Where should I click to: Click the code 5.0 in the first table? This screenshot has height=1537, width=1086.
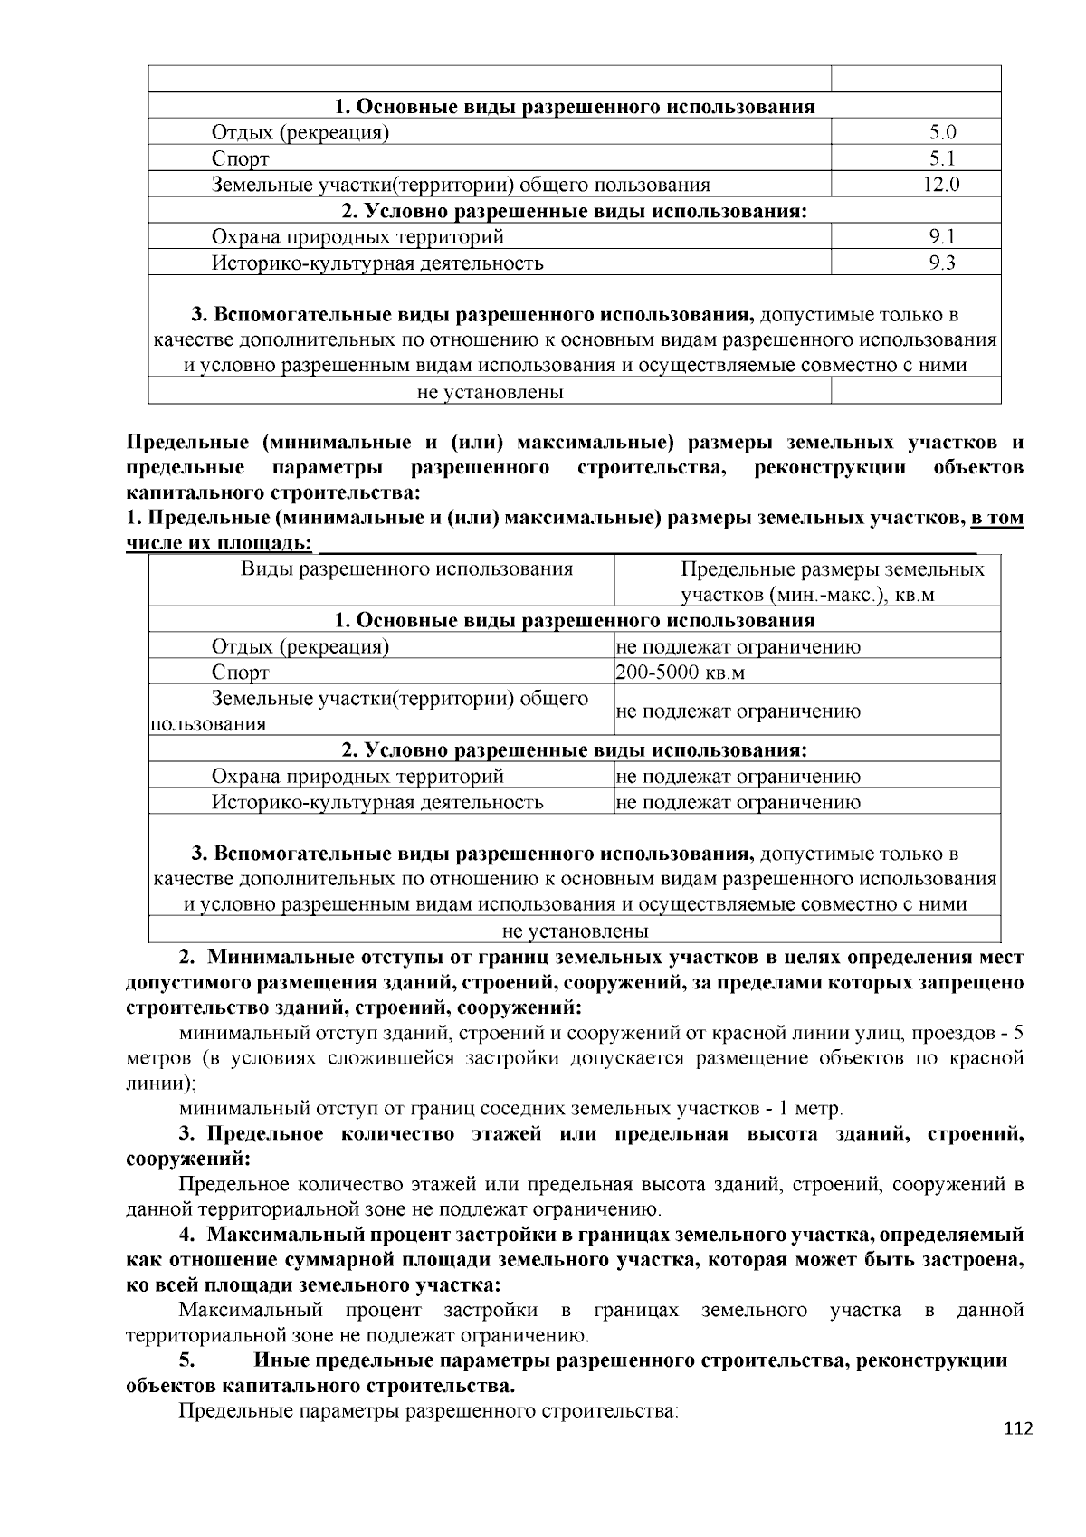click(942, 133)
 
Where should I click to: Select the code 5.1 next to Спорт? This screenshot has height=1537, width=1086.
click(942, 159)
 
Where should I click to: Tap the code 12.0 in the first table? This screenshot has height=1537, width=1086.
click(941, 186)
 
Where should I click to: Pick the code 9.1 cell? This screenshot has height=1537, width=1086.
click(942, 237)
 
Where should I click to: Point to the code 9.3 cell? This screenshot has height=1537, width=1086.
click(942, 263)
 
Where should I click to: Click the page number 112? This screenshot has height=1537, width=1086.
click(1017, 1429)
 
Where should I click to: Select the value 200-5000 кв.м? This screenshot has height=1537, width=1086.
click(680, 673)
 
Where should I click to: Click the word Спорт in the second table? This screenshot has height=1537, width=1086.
click(240, 673)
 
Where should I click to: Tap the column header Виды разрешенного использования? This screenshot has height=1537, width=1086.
click(406, 569)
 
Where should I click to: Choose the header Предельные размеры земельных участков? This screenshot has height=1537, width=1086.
click(832, 581)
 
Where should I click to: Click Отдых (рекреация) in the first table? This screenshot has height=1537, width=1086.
click(300, 133)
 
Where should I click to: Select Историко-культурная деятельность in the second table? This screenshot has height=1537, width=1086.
click(376, 802)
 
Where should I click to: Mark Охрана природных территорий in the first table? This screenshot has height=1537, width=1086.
click(357, 237)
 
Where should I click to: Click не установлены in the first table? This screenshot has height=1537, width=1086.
click(490, 392)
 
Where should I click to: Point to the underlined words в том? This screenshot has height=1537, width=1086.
click(996, 519)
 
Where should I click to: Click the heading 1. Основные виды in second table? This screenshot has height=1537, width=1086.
click(575, 621)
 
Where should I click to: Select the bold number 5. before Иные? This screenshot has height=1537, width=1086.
click(186, 1361)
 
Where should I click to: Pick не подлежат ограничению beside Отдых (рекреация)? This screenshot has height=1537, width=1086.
click(738, 647)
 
